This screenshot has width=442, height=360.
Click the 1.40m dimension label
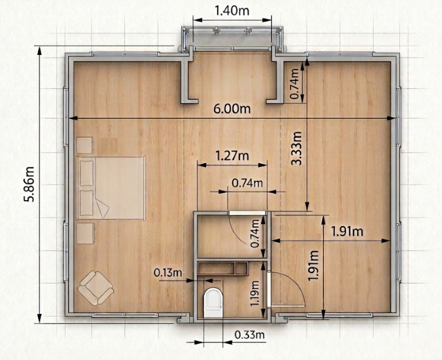pos(232,11)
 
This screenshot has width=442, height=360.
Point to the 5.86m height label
pos(29,184)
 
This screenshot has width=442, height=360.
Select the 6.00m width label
pos(232,109)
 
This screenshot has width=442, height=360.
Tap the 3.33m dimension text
pos(296,148)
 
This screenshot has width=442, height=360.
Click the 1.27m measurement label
pos(232,155)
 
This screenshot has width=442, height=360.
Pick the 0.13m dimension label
pos(167,272)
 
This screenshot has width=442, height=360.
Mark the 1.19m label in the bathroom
pos(255,293)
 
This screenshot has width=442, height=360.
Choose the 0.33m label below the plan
pos(250,335)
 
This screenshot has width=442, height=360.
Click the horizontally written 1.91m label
pos(347,231)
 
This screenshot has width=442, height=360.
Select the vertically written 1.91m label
pos(313,266)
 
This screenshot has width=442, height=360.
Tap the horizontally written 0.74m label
pos(247,183)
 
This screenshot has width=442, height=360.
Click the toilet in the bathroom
pos(213,303)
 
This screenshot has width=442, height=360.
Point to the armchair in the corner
pos(96,288)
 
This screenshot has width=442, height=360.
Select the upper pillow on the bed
pos(86,173)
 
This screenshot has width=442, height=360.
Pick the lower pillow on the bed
pos(86,203)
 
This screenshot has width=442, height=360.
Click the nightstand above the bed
pos(85,145)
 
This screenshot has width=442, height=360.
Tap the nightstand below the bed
pos(85,233)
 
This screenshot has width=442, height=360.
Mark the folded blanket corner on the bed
pos(102,208)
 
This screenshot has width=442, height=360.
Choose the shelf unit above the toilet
pos(223,268)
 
